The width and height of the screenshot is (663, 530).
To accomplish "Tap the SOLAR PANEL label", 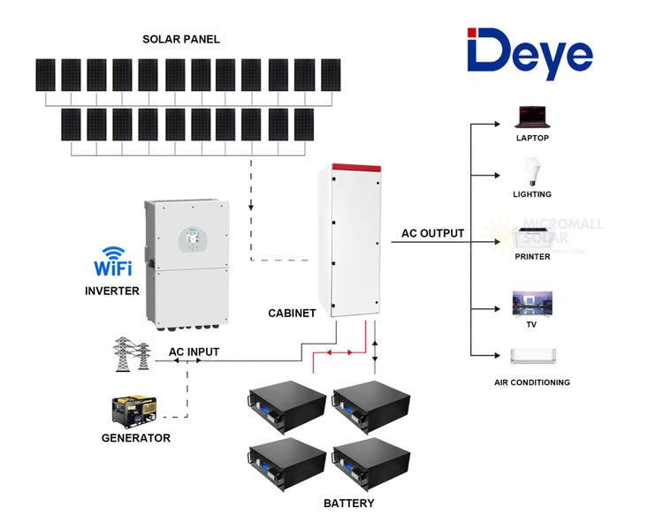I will pos(181,40).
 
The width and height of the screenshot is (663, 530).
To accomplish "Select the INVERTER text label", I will pos(112,291).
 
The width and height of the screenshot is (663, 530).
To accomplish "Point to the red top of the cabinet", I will pos(355,168).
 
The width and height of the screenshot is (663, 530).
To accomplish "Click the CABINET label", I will pos(292,314).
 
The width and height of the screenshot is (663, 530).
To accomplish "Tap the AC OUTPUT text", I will pos(432,233).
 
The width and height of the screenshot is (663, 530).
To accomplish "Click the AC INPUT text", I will pos(194,352).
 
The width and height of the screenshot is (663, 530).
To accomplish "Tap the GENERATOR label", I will pos(135,438).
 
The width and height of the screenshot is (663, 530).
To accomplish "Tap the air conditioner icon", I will pos(532,356).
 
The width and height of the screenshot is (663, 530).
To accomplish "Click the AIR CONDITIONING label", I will pos(532,382).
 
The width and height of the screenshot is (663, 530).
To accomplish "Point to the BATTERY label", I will pos(348,503).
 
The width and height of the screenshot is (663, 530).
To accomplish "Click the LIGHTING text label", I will pos(532,194).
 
